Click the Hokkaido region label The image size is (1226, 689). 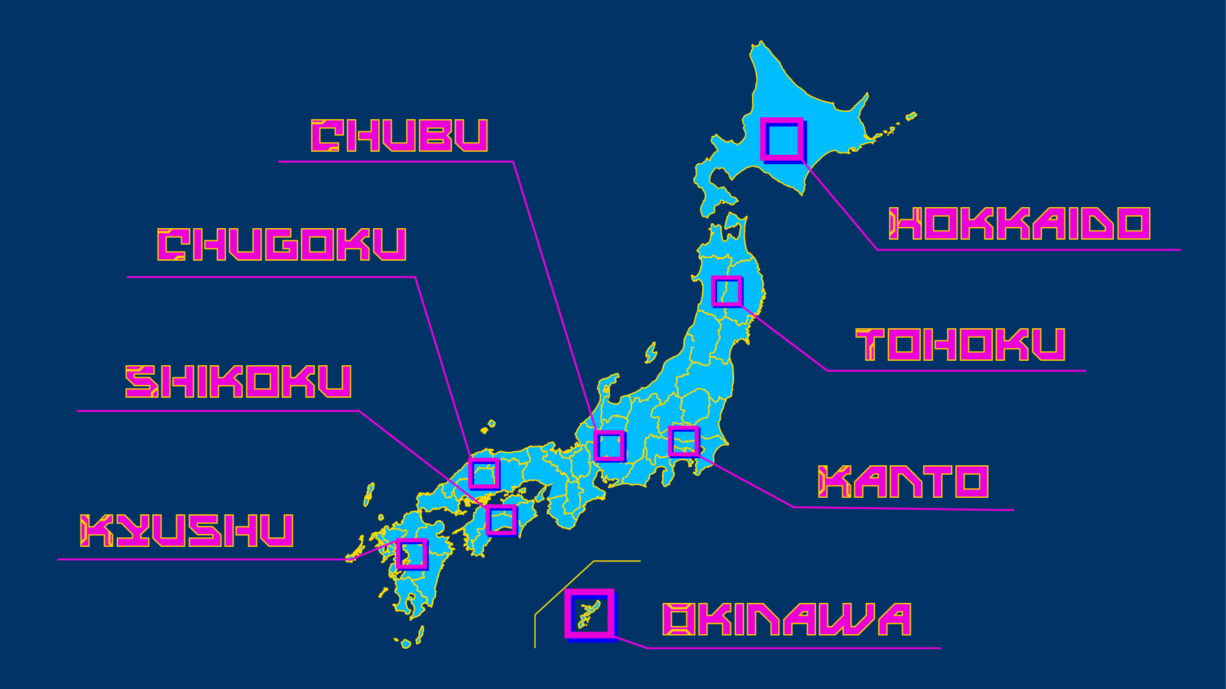[x=1019, y=224]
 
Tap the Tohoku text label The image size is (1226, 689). [x=960, y=344]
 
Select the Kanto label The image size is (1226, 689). [x=903, y=482]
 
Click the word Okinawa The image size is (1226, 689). [x=787, y=620]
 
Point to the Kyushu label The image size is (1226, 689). [x=186, y=531]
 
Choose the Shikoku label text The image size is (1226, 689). [x=238, y=382]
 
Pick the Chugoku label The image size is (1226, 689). [x=281, y=245]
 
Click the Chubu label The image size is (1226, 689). [x=399, y=136]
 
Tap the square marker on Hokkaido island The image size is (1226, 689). [x=782, y=139]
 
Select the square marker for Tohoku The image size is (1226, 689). [x=727, y=291]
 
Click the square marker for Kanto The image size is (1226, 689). [x=684, y=441]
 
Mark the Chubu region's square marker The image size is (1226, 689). [x=609, y=446]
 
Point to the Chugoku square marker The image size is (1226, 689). [x=484, y=473]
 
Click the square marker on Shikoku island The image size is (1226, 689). [x=501, y=520]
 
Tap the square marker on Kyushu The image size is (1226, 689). [x=411, y=553]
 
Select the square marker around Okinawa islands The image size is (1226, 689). [x=589, y=613]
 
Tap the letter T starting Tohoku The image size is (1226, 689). [x=869, y=344]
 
